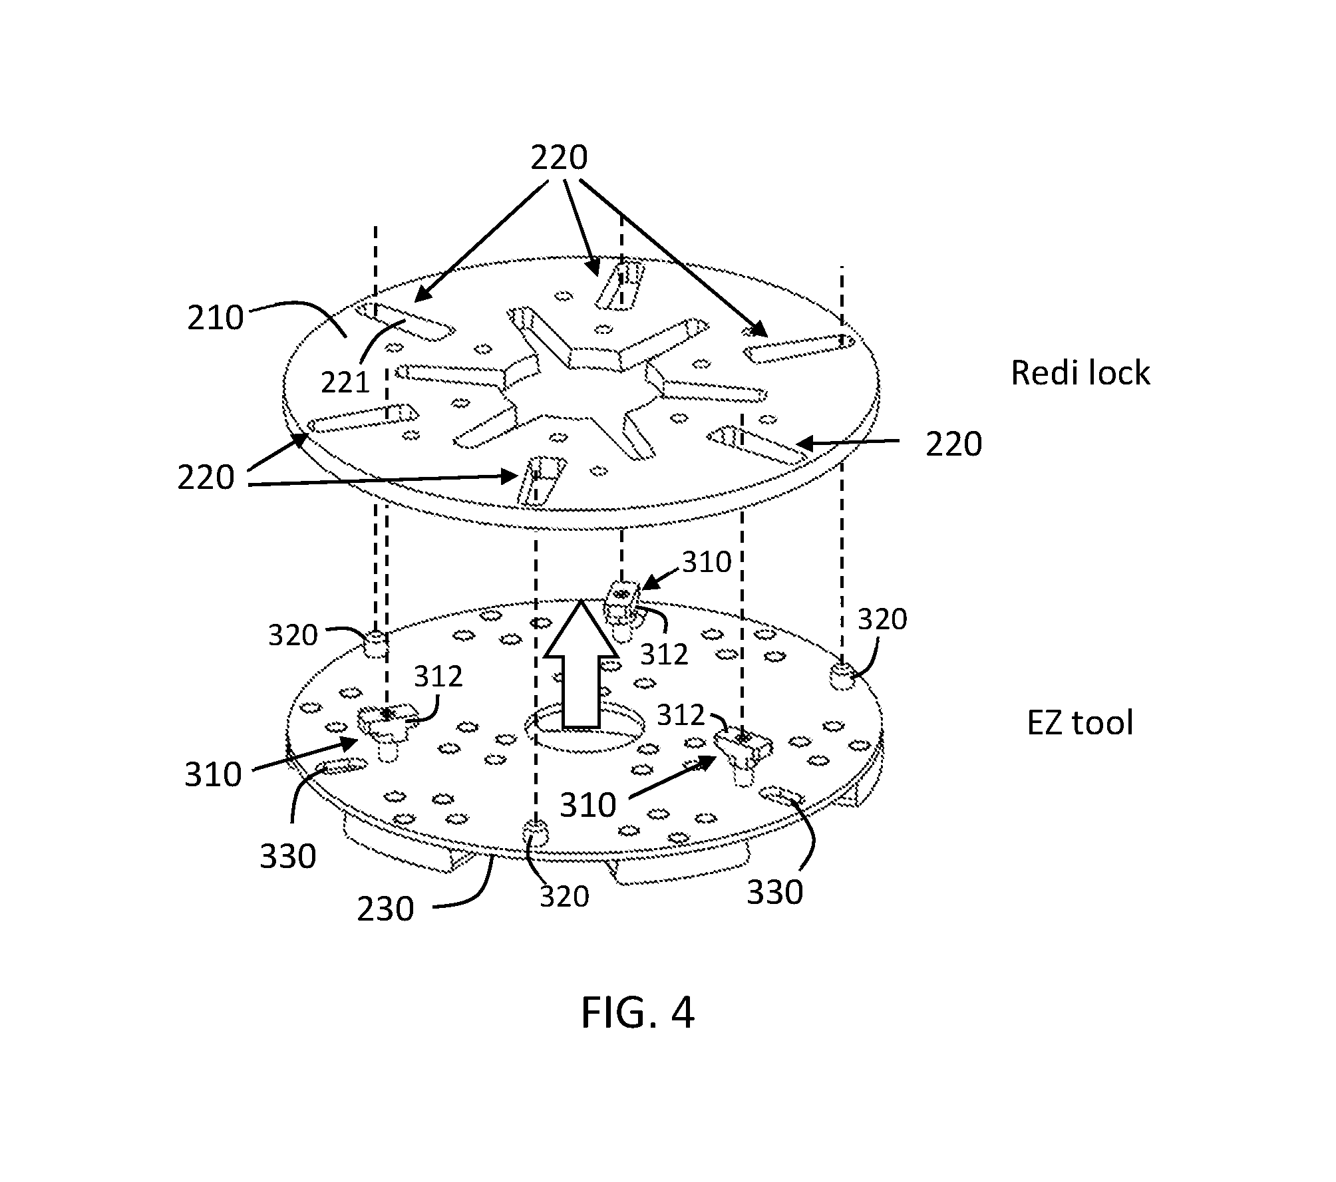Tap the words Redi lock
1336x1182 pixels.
point(1080,372)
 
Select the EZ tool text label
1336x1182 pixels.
point(1080,722)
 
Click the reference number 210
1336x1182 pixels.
point(216,318)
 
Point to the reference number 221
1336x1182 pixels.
point(345,382)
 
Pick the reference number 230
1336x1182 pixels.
point(385,909)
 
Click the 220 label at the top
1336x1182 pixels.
point(559,158)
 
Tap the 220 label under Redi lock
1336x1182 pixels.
point(953,444)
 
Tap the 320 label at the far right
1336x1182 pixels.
point(882,620)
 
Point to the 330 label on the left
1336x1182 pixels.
point(287,857)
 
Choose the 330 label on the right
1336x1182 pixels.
point(775,893)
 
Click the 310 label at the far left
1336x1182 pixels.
point(213,775)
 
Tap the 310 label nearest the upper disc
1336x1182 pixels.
point(707,563)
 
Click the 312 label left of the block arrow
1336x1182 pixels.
point(438,677)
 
